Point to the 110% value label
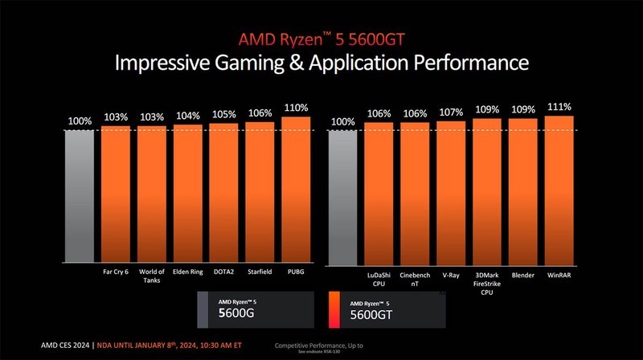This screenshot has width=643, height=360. point(296,107)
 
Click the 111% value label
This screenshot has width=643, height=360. point(559,106)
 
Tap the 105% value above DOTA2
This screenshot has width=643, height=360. point(223,114)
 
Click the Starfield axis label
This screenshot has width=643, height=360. point(260,272)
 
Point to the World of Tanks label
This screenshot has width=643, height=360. point(152,276)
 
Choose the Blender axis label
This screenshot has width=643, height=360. point(522,274)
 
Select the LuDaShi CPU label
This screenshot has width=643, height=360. point(378,278)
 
